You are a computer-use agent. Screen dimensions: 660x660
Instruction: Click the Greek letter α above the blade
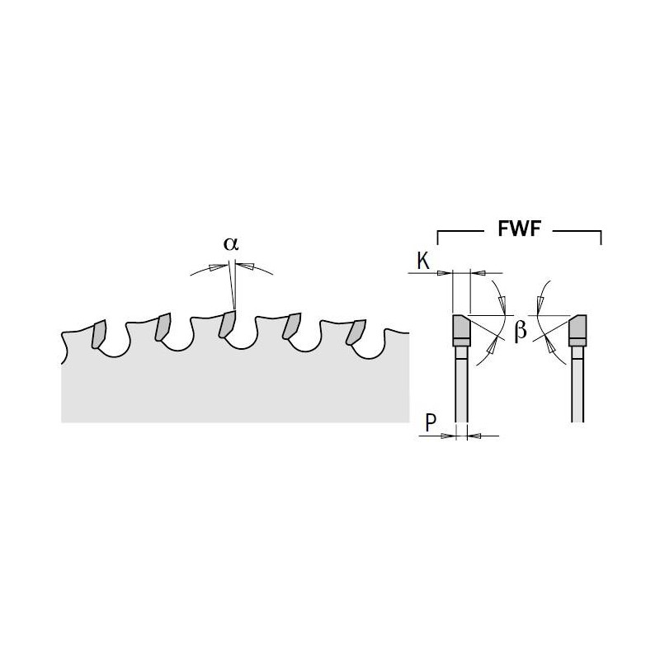(230, 244)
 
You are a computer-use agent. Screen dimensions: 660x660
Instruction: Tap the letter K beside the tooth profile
(422, 262)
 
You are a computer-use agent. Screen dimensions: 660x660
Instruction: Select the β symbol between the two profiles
(520, 332)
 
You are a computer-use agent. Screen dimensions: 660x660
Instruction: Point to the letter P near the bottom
(431, 423)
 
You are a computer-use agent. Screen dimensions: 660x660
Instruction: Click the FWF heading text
(520, 229)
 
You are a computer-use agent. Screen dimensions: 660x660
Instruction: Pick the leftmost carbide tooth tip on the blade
(99, 332)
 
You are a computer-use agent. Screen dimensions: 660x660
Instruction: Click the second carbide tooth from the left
(163, 328)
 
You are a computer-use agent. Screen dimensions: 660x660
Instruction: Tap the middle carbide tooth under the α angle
(227, 325)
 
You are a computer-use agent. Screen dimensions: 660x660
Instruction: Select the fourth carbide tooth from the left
(292, 328)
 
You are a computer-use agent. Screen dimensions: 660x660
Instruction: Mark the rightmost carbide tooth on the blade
(356, 331)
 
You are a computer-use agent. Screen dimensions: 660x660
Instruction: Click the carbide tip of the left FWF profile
(460, 330)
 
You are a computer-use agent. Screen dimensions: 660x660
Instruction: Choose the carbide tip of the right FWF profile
(577, 330)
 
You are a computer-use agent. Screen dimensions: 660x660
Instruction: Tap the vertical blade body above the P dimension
(460, 388)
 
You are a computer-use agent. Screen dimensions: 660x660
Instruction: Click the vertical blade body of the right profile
(577, 388)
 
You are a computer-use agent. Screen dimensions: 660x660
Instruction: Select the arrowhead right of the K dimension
(474, 271)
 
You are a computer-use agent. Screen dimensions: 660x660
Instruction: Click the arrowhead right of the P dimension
(472, 436)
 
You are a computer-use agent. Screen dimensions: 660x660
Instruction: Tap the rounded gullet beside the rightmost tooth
(375, 346)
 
